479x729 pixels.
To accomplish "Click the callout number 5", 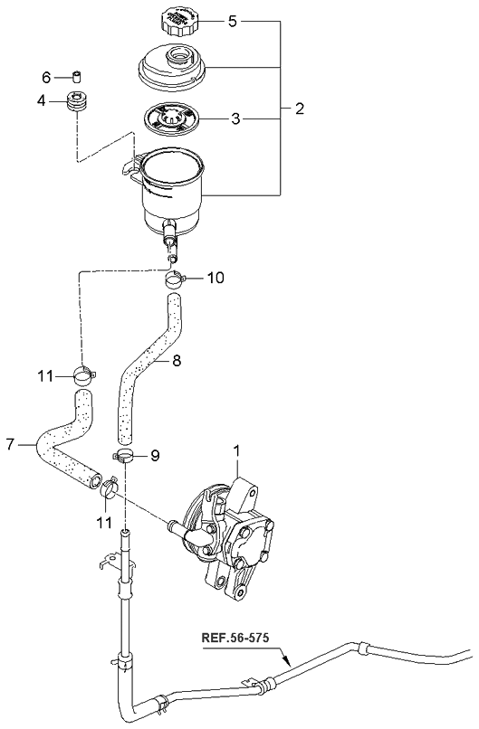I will coord(232,19).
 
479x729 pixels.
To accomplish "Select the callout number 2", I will coord(299,109).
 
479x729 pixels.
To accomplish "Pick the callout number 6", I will coord(47,76).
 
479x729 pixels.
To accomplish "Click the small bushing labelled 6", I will coord(77,75).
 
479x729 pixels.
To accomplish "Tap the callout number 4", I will coord(42,100).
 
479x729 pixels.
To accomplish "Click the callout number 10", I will coord(215,277).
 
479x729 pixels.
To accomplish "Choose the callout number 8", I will coord(177,361).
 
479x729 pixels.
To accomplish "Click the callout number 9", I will coord(154,456).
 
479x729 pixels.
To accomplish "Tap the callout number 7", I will coord(11,444).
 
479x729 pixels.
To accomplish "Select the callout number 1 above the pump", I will coord(237,450).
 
